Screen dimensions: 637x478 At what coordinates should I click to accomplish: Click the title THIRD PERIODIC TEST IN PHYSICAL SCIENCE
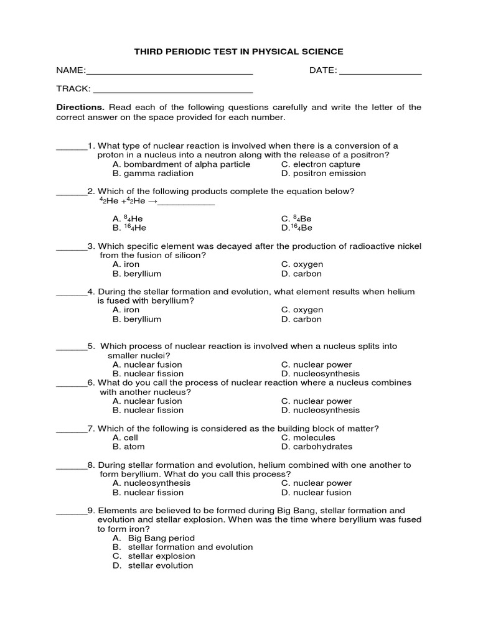pos(239,52)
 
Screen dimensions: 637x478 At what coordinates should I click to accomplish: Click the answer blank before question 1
pos(71,149)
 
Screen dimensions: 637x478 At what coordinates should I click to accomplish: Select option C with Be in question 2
pos(296,219)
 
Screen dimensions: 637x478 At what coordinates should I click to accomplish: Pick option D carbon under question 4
pos(301,319)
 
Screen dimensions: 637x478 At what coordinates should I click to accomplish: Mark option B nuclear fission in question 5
pos(148,374)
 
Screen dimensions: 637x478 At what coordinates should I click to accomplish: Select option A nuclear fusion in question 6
pos(148,401)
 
